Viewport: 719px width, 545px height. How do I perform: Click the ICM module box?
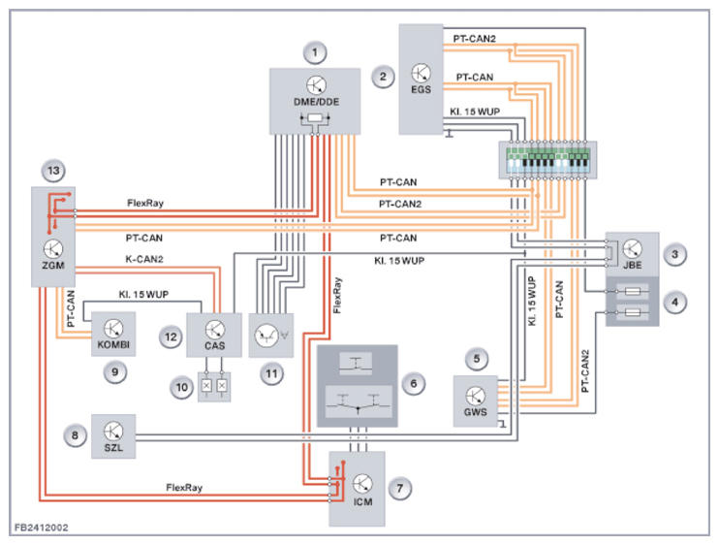click(357, 488)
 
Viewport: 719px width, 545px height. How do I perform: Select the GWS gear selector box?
click(476, 401)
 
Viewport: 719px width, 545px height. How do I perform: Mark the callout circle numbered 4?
click(675, 301)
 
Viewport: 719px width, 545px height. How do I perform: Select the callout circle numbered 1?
click(313, 50)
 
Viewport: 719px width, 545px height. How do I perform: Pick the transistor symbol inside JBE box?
click(633, 249)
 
